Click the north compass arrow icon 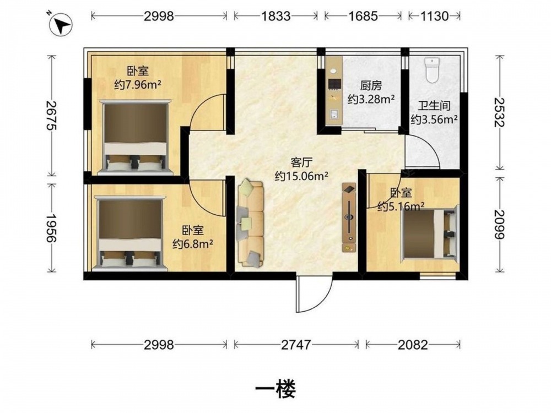point(61,25)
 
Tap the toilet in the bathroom point(432,70)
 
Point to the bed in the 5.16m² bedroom point(429,233)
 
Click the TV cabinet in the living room point(349,217)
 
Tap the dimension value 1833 point(276,16)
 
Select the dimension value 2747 point(296,345)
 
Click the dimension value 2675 point(51,115)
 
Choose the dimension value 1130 point(434,16)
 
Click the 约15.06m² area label point(301,176)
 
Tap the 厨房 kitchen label point(371,85)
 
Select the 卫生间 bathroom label point(434,106)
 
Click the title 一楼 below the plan point(276,389)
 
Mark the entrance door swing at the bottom point(314,294)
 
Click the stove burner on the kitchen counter point(333,71)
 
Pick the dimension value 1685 point(363,16)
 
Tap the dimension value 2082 point(413,345)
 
